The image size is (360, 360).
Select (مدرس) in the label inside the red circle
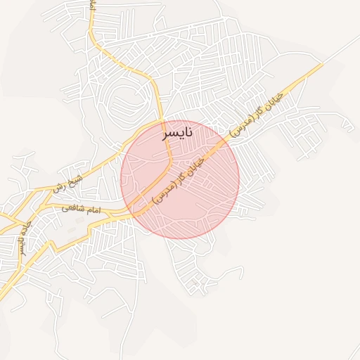[164, 195]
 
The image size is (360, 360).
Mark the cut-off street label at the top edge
[93, 6]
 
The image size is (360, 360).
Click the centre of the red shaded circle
[180, 179]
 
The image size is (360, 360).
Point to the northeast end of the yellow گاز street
[321, 65]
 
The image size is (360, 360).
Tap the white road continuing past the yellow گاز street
[342, 49]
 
